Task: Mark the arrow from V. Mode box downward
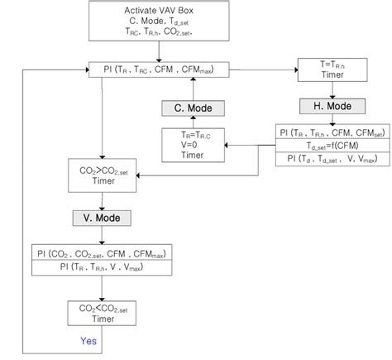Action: (101, 235)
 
